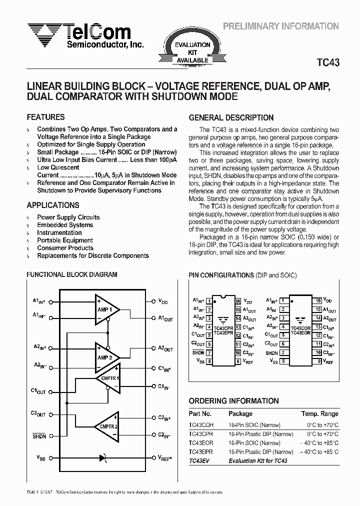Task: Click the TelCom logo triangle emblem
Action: [x=43, y=33]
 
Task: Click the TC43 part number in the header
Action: [x=328, y=63]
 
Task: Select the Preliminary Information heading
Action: [x=280, y=26]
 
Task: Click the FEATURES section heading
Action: [x=45, y=117]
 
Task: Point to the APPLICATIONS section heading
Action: [x=52, y=205]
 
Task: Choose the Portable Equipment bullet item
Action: [x=65, y=240]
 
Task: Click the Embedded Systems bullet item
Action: [x=65, y=225]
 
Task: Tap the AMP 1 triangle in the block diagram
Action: [x=106, y=309]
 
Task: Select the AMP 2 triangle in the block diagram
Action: [x=106, y=357]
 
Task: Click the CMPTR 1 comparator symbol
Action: [x=108, y=378]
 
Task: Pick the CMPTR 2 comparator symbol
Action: [x=108, y=425]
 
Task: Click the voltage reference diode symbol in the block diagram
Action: [x=103, y=457]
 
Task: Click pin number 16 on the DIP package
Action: [x=238, y=301]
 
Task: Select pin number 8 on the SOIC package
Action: [x=283, y=361]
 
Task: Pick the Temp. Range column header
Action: [x=319, y=413]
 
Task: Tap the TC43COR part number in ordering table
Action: [x=201, y=425]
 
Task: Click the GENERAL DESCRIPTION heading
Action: [x=231, y=118]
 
